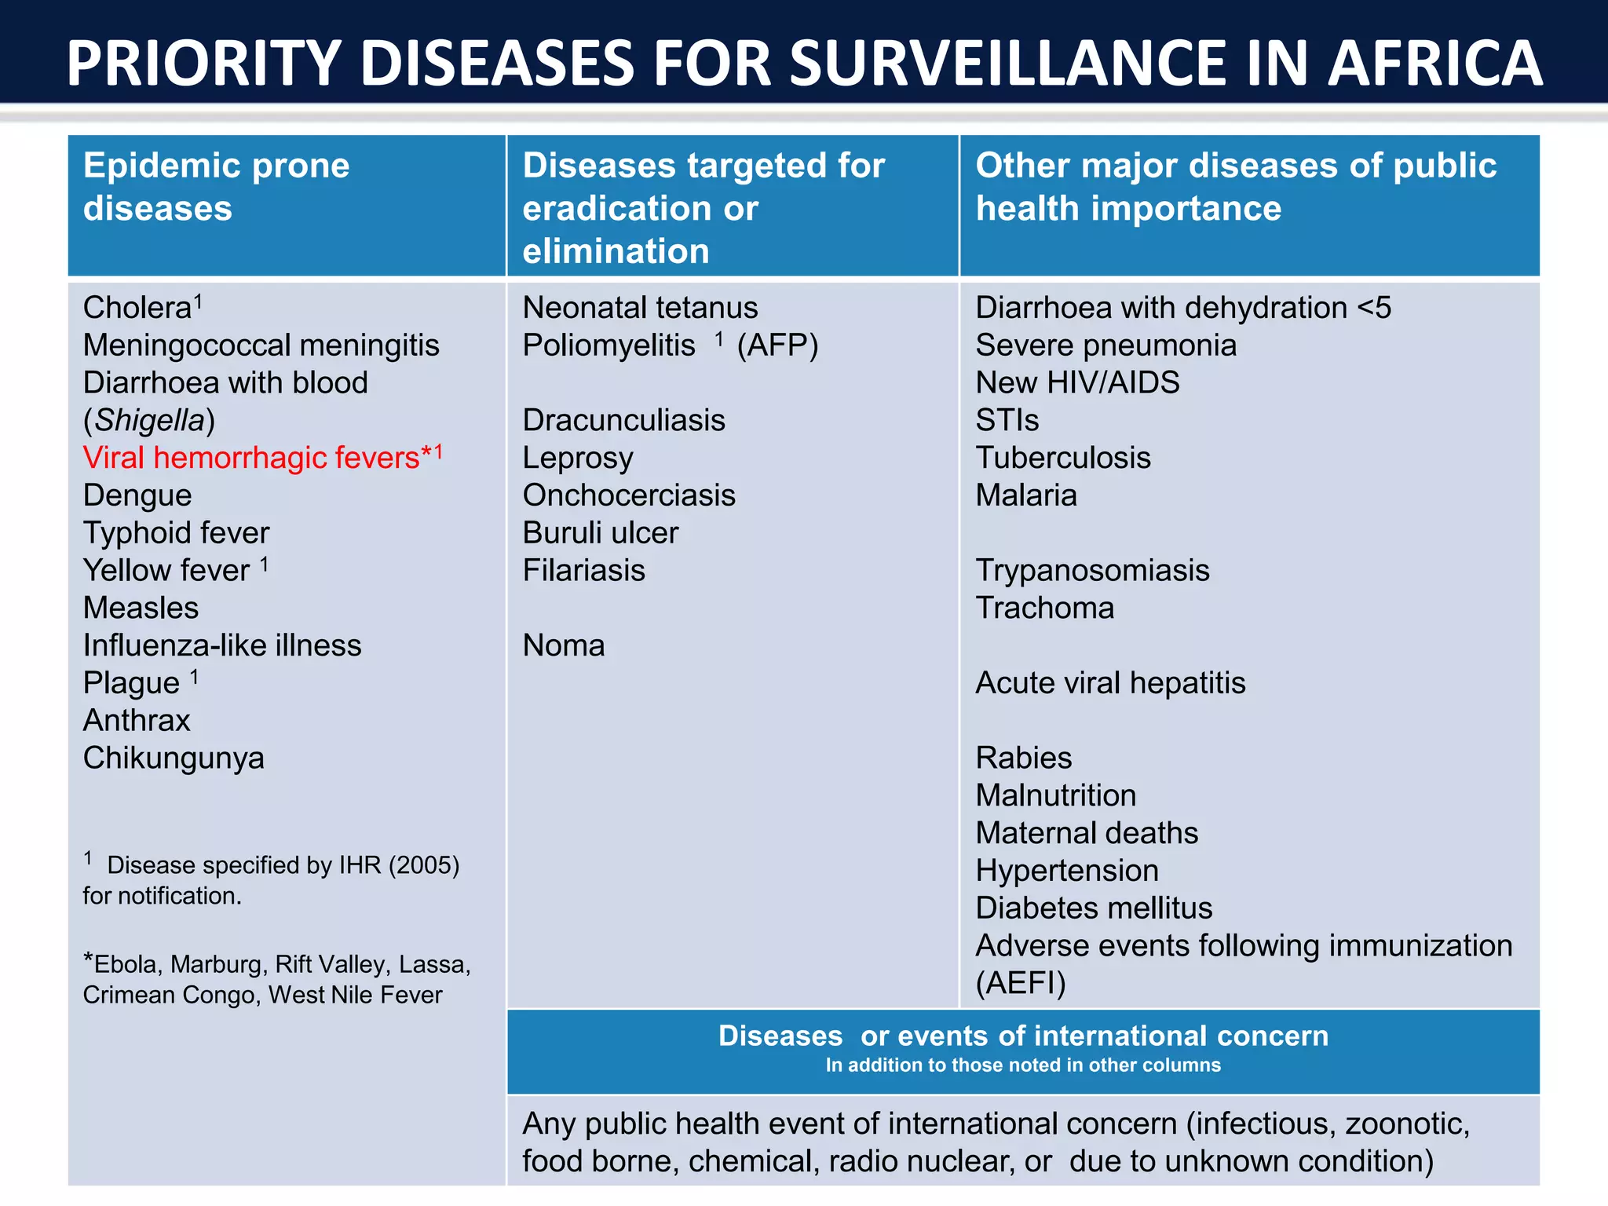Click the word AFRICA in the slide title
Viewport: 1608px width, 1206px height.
[1435, 64]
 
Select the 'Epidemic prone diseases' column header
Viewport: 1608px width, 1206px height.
[216, 187]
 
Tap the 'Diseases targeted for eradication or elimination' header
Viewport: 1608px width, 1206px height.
[703, 208]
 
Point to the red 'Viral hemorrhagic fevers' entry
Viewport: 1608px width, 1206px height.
[251, 458]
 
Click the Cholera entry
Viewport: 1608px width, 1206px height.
[137, 308]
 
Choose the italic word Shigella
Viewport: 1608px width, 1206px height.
[149, 421]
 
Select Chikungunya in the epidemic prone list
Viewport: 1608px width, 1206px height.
[174, 758]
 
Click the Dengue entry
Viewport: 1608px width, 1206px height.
[137, 495]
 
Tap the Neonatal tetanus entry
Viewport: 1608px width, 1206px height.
[640, 308]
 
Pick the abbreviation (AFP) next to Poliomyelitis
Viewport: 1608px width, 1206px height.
[777, 345]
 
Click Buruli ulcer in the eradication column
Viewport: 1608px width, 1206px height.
[601, 533]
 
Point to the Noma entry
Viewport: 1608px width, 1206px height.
[564, 646]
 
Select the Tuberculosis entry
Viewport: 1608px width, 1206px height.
[1063, 458]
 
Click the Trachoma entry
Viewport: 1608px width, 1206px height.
[1045, 608]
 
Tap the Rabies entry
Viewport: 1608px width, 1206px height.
[1024, 758]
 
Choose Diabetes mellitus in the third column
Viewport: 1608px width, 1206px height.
[1094, 908]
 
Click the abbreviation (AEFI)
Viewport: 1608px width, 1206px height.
[1021, 983]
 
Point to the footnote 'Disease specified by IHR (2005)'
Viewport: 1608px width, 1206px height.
[283, 865]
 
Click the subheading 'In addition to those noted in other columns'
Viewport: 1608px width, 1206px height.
[1023, 1065]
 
